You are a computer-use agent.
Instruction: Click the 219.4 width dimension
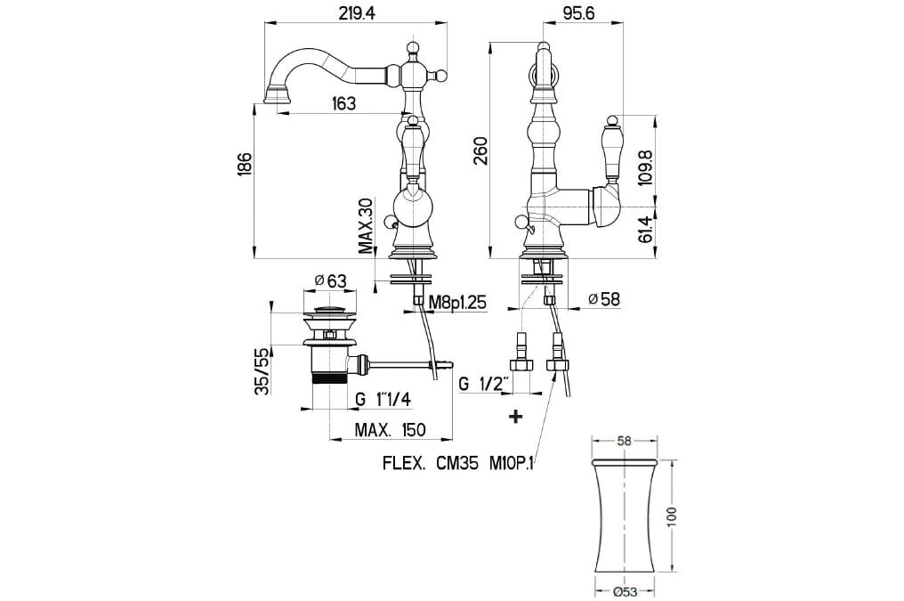tap(356, 13)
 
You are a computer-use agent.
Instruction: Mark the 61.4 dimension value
tap(647, 230)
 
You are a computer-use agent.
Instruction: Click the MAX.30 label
tap(366, 226)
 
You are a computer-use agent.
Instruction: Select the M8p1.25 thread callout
tap(457, 303)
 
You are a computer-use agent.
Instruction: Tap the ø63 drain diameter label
tap(330, 281)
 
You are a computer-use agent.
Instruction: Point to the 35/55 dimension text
tap(261, 372)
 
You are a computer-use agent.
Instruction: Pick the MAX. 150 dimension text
tap(390, 431)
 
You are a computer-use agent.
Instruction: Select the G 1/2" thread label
tap(484, 385)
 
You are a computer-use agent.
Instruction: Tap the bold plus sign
tap(515, 416)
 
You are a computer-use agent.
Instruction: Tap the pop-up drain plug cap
tap(330, 311)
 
